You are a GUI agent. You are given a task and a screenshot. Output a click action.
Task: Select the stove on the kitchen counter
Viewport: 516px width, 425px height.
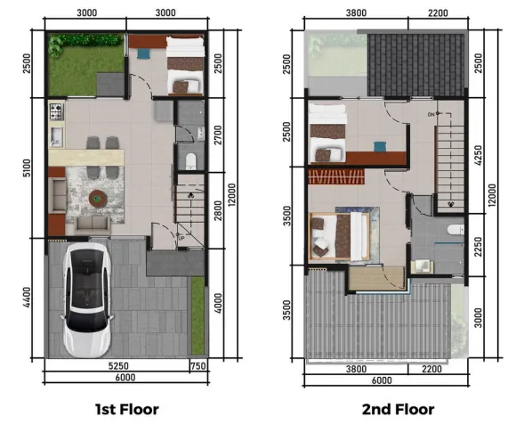click(x=56, y=113)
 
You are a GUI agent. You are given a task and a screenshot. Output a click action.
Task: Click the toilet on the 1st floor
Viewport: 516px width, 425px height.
click(x=191, y=160)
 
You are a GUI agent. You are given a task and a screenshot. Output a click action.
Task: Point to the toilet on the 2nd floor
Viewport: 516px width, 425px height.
click(x=453, y=231)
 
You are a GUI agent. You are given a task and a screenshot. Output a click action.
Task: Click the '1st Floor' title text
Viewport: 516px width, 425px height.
click(x=127, y=410)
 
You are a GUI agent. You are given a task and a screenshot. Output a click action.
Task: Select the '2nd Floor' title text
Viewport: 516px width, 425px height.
click(x=397, y=410)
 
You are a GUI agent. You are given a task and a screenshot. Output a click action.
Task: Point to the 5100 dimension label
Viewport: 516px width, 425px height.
click(x=28, y=169)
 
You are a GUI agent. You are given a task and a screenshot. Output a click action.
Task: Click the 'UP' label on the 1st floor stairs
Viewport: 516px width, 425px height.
click(x=181, y=238)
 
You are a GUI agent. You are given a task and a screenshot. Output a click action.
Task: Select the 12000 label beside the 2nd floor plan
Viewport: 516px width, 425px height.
click(x=492, y=193)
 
